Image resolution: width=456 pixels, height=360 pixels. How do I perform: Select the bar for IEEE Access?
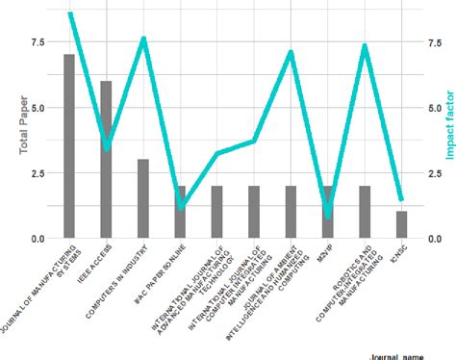click(x=106, y=160)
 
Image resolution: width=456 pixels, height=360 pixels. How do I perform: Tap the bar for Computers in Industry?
click(x=143, y=198)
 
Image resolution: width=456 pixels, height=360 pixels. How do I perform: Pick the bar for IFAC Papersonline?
click(x=180, y=212)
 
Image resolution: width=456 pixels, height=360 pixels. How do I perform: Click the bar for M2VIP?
click(x=328, y=212)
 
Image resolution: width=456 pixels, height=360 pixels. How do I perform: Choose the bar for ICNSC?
click(x=401, y=224)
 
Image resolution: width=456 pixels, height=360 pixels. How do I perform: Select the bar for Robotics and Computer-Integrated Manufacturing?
click(x=365, y=212)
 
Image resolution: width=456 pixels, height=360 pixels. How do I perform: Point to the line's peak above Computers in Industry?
click(x=143, y=39)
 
